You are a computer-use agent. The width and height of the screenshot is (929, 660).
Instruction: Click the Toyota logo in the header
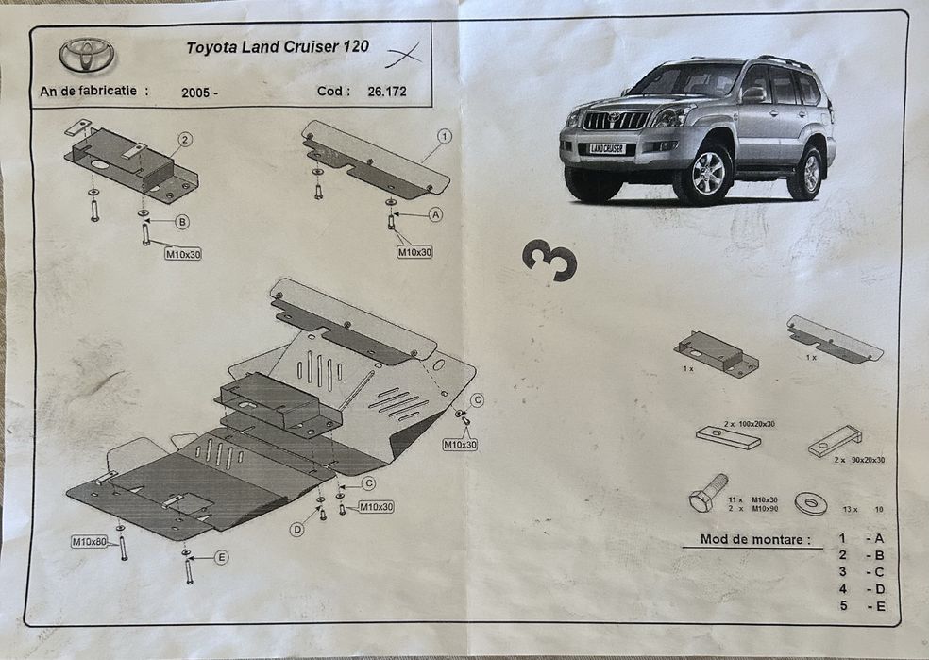[x=87, y=55]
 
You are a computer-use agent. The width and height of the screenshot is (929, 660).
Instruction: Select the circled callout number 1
[x=444, y=136]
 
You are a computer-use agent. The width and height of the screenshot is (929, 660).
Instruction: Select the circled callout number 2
[x=185, y=140]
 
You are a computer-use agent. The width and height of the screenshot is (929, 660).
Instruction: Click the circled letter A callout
[x=435, y=214]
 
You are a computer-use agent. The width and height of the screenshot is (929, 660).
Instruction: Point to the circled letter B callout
[x=182, y=222]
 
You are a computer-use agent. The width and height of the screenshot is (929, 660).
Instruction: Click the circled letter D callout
[x=296, y=530]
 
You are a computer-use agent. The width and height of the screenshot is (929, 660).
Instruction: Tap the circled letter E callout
[x=221, y=557]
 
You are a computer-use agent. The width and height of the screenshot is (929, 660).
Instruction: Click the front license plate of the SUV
[x=607, y=149]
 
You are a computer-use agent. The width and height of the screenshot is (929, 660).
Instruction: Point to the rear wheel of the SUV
[x=809, y=173]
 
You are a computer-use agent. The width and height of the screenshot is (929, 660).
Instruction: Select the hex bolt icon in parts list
[x=707, y=492]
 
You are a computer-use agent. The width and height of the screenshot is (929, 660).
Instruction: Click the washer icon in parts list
[x=811, y=503]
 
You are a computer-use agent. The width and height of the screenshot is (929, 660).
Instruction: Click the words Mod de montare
[x=754, y=540]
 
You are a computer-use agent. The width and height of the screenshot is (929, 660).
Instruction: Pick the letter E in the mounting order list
[x=881, y=606]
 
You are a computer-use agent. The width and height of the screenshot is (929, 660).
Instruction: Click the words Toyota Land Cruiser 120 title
[x=278, y=46]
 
